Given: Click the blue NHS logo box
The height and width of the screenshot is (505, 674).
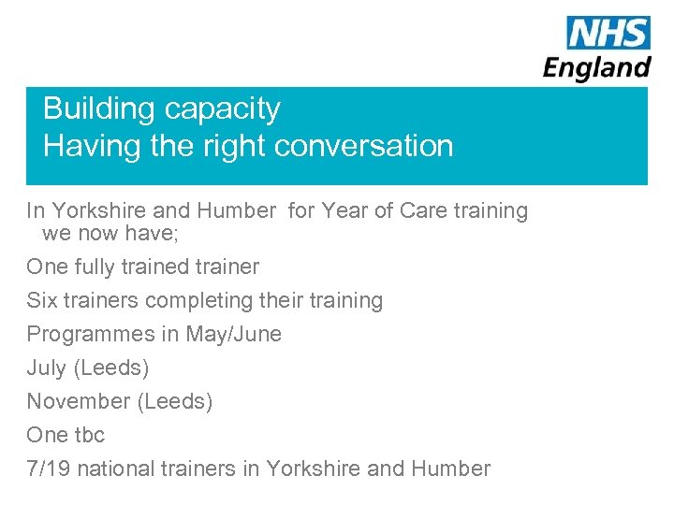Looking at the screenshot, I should (x=608, y=33).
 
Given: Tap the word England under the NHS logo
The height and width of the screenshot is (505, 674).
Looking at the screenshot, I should (x=597, y=67).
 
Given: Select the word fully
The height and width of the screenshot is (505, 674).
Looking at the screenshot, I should (x=98, y=267).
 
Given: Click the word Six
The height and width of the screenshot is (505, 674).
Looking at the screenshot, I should (x=41, y=300).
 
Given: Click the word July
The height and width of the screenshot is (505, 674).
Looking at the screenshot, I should (x=46, y=368).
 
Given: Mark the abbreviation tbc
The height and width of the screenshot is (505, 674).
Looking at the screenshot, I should (x=90, y=435).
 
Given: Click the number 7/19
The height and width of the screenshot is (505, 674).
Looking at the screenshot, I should (x=48, y=469).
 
